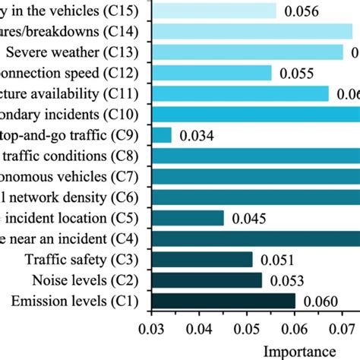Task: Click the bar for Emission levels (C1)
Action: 224,302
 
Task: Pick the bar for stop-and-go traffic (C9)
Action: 163,135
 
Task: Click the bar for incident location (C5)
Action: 188,219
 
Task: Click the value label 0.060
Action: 321,302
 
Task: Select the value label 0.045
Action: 249,219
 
